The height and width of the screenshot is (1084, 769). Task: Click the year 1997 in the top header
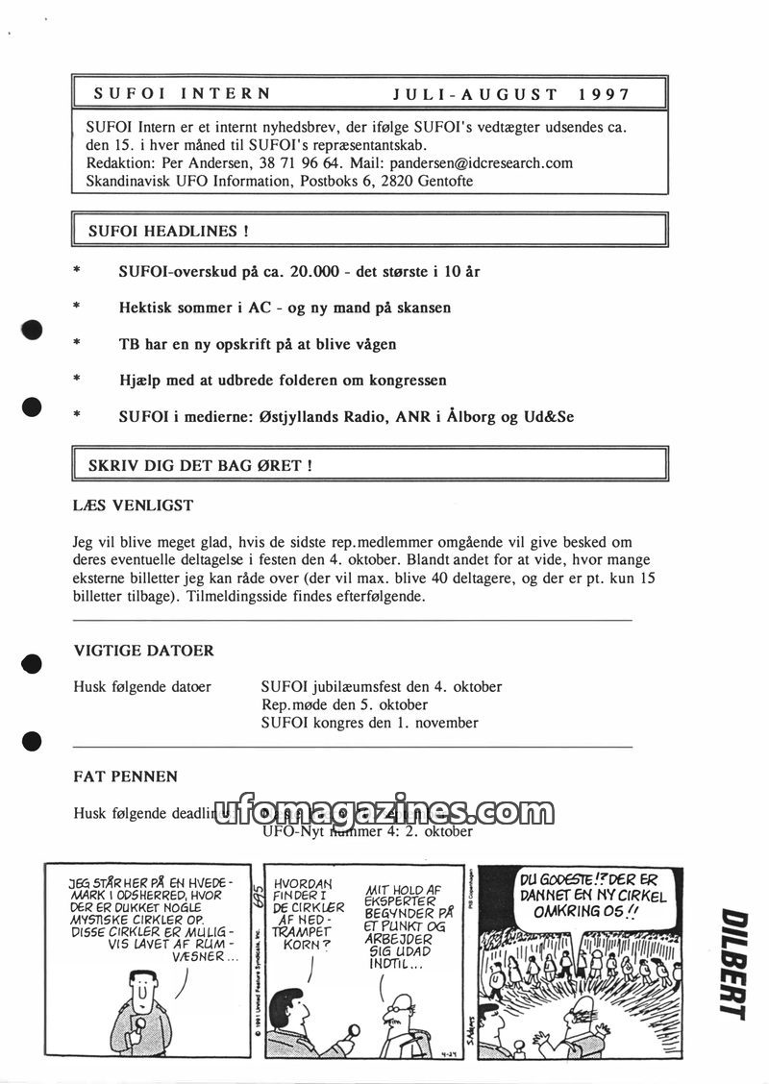[x=605, y=94]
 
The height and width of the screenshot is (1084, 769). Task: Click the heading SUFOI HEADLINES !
[x=169, y=231]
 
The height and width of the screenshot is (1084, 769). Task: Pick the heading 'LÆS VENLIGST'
[x=134, y=505]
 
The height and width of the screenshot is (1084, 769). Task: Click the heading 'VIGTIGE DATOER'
[x=144, y=651]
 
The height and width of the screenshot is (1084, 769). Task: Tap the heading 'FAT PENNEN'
[x=126, y=776]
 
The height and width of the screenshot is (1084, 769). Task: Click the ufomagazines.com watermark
[x=394, y=813]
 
